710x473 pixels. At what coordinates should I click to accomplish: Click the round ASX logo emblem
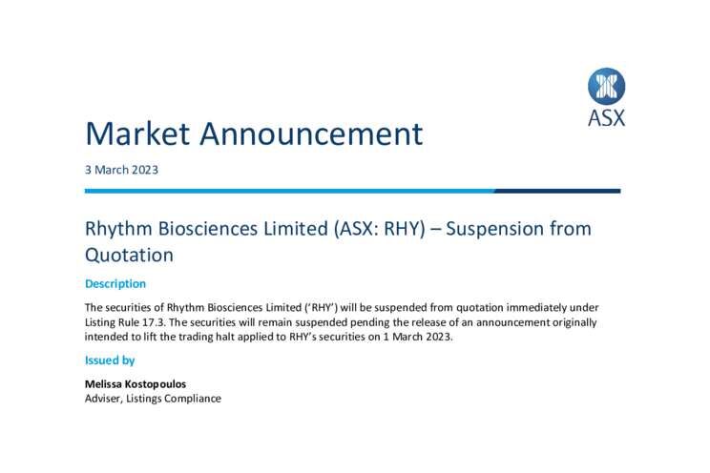click(606, 87)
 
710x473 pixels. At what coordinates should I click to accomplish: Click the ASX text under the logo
click(606, 118)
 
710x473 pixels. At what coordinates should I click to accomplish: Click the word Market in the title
click(137, 134)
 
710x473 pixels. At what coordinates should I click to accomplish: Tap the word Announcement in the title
click(311, 134)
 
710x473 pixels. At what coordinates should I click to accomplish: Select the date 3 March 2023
click(121, 170)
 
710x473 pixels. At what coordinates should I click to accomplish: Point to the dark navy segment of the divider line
click(557, 191)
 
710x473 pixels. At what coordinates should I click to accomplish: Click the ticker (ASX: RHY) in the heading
click(380, 229)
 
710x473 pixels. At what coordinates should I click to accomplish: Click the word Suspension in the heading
click(494, 229)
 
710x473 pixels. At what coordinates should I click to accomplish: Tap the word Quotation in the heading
click(129, 255)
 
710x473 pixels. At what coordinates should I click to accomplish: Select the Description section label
click(115, 284)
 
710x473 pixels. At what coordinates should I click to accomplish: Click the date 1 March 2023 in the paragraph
click(417, 337)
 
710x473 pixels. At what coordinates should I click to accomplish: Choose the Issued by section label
click(110, 360)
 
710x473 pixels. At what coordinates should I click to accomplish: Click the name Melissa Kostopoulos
click(136, 384)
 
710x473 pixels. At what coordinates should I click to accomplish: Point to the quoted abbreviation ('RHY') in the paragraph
click(320, 308)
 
